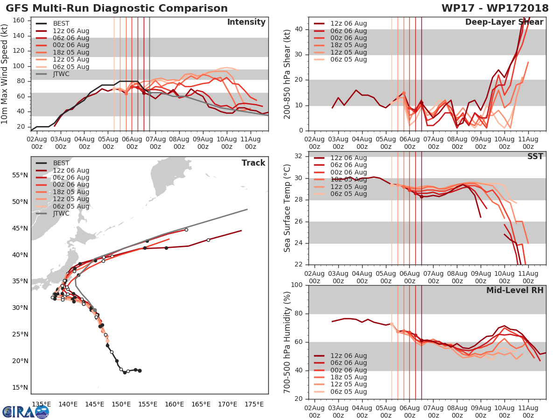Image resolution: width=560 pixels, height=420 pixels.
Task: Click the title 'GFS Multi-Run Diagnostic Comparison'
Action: [x=117, y=8]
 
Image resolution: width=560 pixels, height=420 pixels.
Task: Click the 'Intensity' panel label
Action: [x=246, y=22]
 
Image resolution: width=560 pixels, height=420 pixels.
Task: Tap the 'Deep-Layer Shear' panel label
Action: [x=504, y=22]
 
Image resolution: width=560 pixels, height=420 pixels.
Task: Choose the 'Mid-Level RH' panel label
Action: [x=515, y=290]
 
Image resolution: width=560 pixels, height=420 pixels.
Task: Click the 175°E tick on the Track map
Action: [x=254, y=404]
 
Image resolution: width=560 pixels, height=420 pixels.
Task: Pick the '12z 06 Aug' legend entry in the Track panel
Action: [x=70, y=171]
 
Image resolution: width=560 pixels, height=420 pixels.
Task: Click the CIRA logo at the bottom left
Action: [x=26, y=411]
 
